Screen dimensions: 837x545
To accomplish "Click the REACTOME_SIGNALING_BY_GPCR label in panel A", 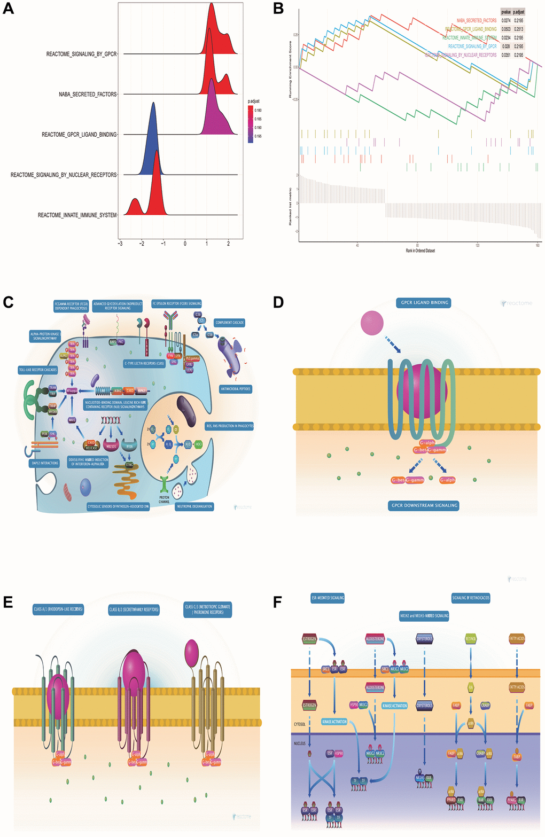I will coord(81,54).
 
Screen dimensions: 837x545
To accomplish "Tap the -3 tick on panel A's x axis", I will coord(120,244).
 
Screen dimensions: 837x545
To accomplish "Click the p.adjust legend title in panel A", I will coord(253,101).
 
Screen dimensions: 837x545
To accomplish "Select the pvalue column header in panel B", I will coord(505,11).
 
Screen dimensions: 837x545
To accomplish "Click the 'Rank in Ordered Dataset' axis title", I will coord(420,250).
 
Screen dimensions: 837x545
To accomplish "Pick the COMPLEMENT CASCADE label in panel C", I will coord(230,323).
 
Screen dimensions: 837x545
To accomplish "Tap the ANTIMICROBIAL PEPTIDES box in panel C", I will coord(236,389).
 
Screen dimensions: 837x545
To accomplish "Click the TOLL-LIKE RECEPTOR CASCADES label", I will coord(38,370).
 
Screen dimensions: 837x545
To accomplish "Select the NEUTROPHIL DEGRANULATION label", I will coord(194,506).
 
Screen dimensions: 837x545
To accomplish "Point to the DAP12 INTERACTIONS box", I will coord(45,463).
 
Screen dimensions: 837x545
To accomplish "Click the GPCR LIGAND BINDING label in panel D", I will coord(425,303).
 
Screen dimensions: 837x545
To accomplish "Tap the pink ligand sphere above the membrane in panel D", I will coord(372,323).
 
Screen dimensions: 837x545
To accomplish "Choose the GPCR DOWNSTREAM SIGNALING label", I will coord(424,505).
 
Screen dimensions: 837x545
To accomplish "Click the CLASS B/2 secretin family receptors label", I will coord(134,609).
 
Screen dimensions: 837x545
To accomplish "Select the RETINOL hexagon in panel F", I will coord(470,639).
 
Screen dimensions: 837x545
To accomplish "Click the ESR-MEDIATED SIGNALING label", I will coord(328,598).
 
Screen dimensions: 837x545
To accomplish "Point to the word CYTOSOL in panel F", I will coord(300,724).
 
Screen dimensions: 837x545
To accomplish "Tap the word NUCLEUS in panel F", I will coord(300,744).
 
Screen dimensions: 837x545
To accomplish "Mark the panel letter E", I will coord(8,603).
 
